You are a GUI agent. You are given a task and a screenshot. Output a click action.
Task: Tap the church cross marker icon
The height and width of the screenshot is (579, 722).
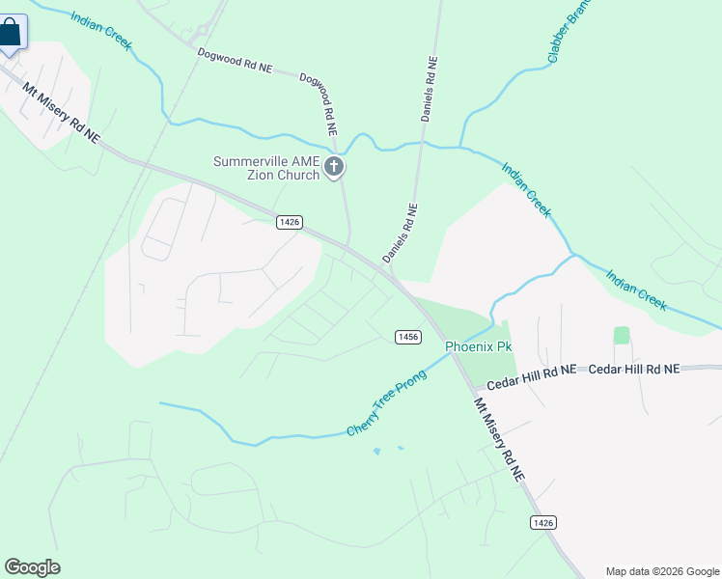click(x=334, y=168)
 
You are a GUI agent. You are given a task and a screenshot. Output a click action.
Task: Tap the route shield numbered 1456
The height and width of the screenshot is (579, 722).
click(x=407, y=336)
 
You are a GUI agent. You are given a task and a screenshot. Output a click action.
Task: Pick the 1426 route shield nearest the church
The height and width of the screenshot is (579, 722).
click(x=289, y=222)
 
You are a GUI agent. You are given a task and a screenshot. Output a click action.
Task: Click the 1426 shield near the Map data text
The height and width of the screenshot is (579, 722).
click(x=543, y=522)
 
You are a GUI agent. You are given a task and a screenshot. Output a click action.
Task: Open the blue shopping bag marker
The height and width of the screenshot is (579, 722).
click(x=11, y=34)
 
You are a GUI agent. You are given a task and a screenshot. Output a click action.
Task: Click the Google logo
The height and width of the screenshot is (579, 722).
click(x=32, y=567)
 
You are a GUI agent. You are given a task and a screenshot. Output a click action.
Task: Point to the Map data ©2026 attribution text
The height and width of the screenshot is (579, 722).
click(x=661, y=571)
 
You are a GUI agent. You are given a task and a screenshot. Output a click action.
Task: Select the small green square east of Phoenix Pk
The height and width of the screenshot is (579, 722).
click(x=622, y=335)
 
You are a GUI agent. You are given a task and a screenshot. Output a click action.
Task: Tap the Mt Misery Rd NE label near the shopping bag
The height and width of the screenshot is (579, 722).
click(x=62, y=111)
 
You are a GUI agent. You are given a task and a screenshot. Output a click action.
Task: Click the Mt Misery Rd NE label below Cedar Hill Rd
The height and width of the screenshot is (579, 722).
click(x=499, y=439)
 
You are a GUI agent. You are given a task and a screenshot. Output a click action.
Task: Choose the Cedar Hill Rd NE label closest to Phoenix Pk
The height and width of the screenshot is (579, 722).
click(x=531, y=377)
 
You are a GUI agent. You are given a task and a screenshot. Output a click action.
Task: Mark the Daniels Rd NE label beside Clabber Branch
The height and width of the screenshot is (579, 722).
click(x=430, y=88)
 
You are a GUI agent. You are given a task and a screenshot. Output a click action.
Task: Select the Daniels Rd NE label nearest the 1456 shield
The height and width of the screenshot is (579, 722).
click(x=400, y=233)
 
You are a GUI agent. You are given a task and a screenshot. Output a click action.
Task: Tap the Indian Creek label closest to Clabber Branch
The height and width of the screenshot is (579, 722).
click(x=526, y=188)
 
